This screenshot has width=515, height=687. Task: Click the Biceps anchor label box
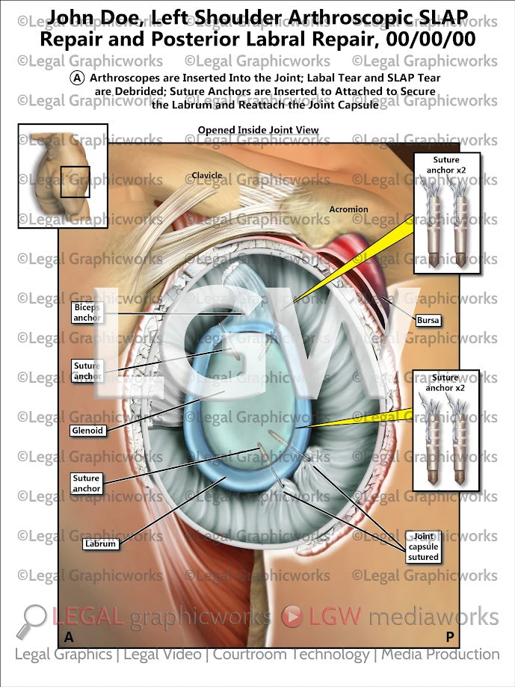point(87,312)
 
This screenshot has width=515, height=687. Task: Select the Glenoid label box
point(88,431)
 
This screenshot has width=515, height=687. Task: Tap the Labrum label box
point(100,544)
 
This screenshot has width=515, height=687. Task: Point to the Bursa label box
point(430,321)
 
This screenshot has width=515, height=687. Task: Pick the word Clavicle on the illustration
point(207,176)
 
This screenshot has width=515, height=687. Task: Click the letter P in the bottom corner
point(450,637)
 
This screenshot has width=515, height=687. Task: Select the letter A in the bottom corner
point(69,637)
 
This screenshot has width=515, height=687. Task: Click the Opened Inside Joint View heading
point(258,130)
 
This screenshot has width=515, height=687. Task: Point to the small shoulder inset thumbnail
point(63,176)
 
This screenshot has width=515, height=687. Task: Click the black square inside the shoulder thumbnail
point(75,182)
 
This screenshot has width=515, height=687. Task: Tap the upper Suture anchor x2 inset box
point(445,212)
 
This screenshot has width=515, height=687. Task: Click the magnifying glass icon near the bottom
point(34,619)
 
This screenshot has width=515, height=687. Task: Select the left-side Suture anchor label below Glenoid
point(87,484)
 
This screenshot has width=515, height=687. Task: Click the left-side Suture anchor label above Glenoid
point(87,371)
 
